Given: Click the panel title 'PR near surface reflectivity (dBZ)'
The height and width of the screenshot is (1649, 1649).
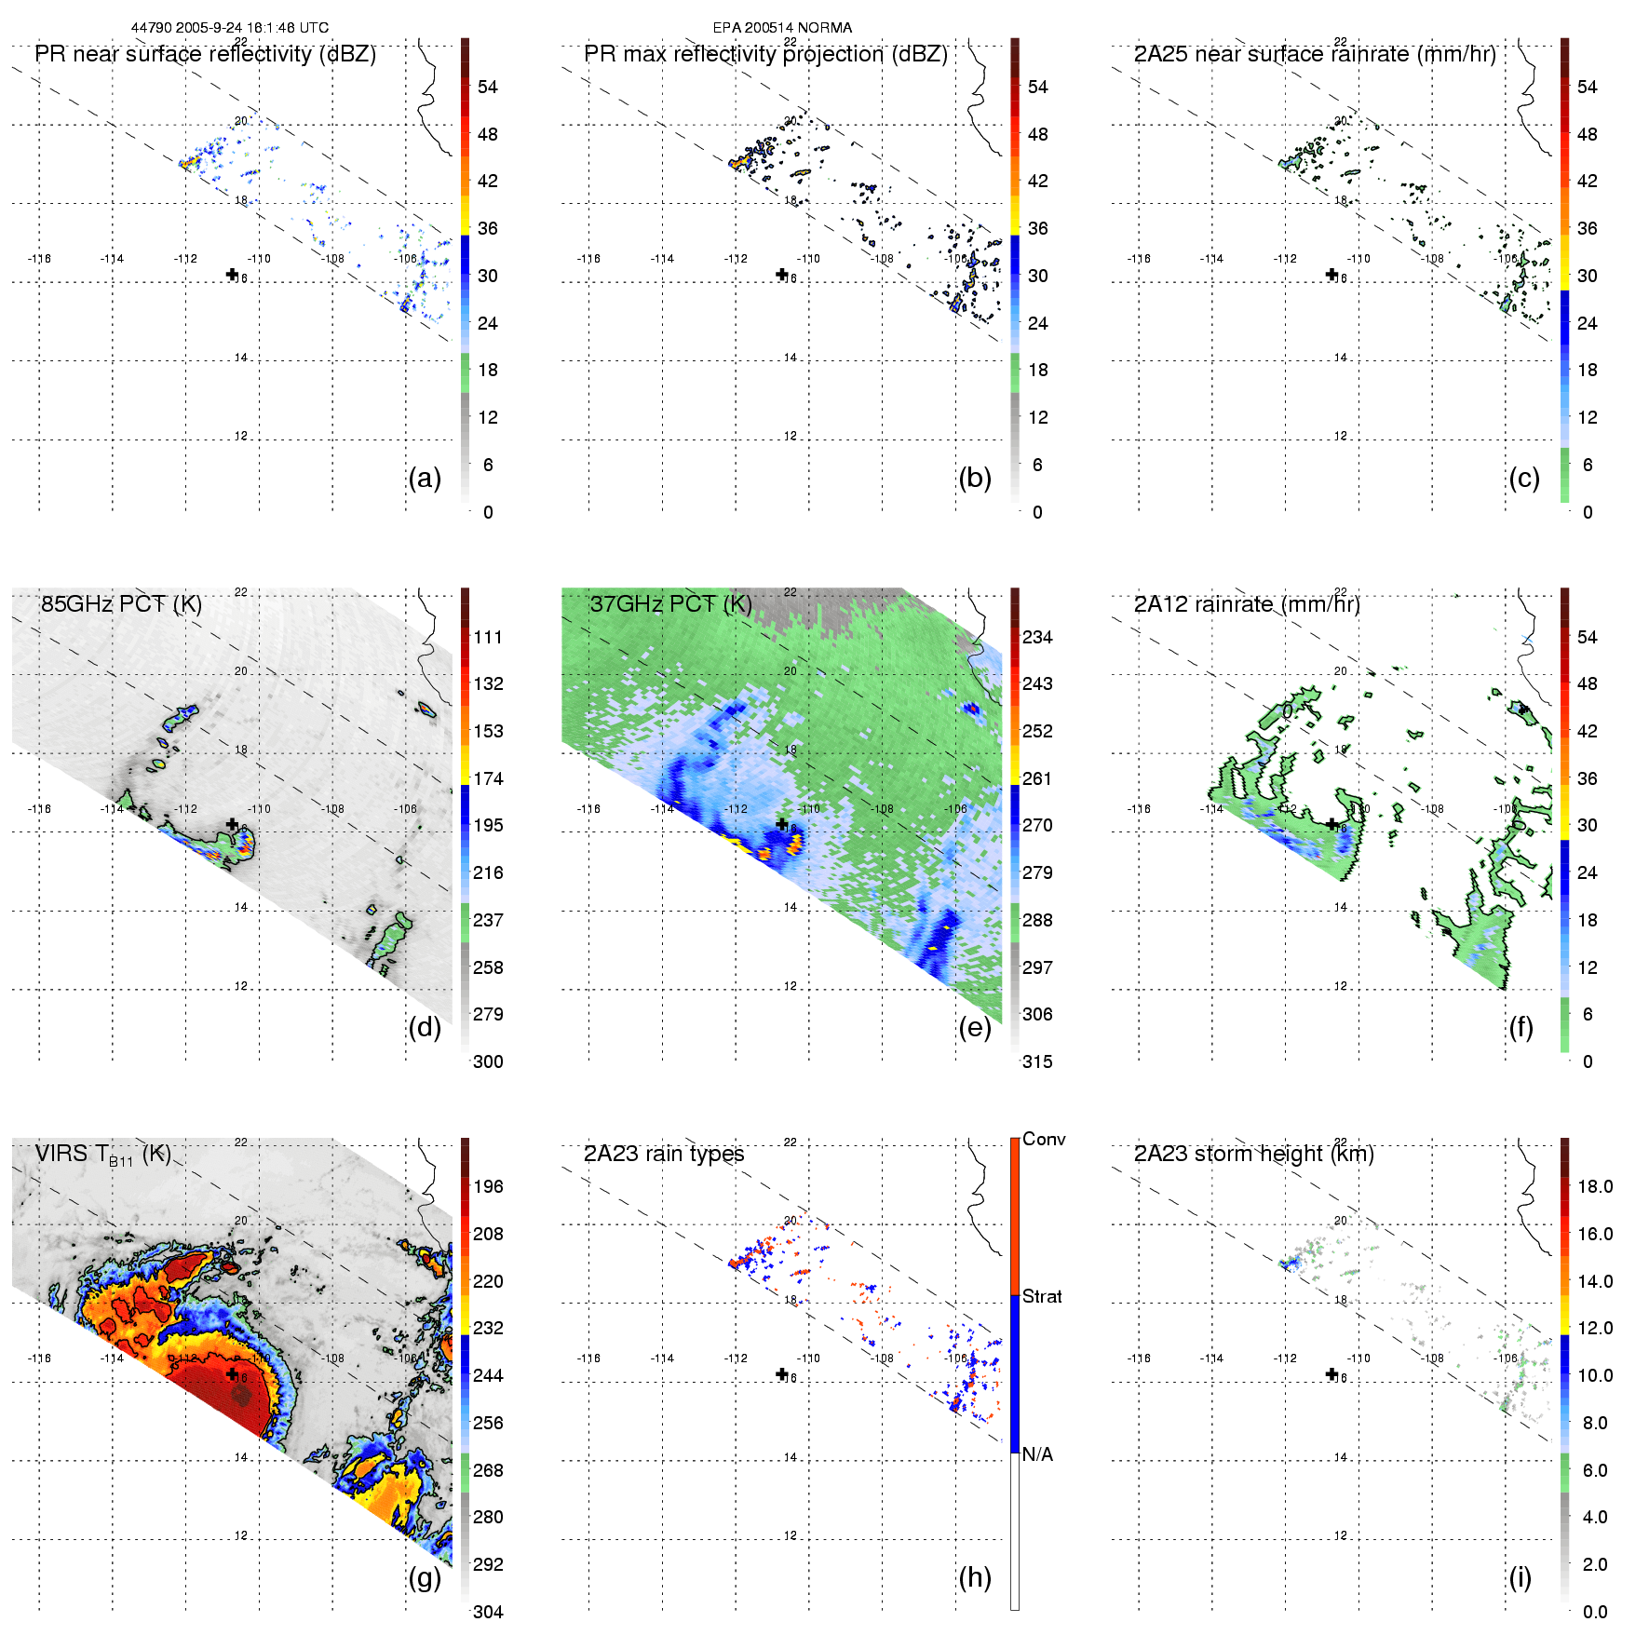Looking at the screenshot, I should (x=205, y=54).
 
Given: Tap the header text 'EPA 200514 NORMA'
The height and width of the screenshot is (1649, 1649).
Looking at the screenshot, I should (x=782, y=28).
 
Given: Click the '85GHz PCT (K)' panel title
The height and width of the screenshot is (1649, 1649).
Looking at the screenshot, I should (x=121, y=603).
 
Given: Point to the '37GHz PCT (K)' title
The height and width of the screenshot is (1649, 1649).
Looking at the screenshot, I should (x=670, y=603).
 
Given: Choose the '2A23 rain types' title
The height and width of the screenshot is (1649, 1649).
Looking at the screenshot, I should (x=664, y=1154).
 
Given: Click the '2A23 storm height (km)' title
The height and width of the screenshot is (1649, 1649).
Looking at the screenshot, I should (x=1253, y=1154).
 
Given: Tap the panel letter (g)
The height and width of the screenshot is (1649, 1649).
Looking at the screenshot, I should (x=425, y=1577).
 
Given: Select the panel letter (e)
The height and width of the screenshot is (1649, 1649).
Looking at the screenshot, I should (x=974, y=1027).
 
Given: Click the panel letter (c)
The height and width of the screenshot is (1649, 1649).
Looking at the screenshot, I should (x=1523, y=478).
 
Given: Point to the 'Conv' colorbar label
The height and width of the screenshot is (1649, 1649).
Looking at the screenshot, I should (x=1044, y=1139).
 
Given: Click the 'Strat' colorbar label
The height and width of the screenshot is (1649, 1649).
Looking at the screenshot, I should (x=1042, y=1296).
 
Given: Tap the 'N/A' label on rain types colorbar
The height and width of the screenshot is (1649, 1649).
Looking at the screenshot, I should (x=1038, y=1454).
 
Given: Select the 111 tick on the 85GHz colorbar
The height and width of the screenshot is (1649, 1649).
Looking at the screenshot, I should (x=488, y=637).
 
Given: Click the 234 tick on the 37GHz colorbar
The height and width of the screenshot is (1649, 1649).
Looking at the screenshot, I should (x=1037, y=637).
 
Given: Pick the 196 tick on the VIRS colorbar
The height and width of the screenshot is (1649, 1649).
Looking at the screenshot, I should (x=488, y=1186).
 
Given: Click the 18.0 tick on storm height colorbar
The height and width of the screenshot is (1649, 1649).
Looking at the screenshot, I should (x=1594, y=1186).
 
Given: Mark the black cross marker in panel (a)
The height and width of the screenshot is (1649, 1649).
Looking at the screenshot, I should (x=232, y=274).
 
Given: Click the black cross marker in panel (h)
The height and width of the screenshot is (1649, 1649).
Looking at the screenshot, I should (x=781, y=1373).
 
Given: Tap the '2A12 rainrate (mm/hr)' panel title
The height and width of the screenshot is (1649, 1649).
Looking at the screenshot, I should (x=1247, y=603).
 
